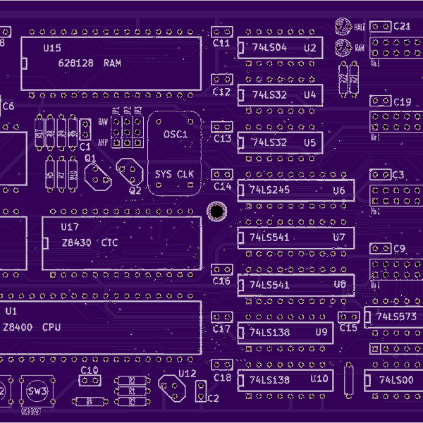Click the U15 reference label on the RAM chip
[51, 49]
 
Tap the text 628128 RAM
[90, 63]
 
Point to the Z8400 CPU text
[32, 327]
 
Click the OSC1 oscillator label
[176, 134]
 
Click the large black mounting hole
[216, 211]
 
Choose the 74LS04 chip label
[269, 47]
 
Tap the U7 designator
[339, 238]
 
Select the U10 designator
[319, 379]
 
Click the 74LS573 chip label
[396, 317]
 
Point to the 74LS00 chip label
[396, 380]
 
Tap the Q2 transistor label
[135, 190]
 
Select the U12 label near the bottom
[188, 373]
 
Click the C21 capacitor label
[403, 26]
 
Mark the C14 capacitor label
[223, 186]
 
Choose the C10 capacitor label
[90, 369]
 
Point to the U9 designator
[321, 331]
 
